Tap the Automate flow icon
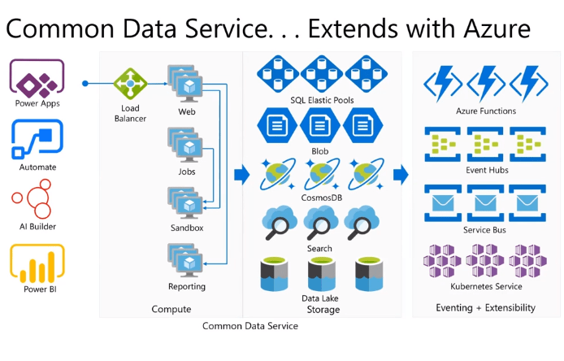pos(37,140)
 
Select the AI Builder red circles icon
pos(37,199)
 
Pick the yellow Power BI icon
pos(37,262)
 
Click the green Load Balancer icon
pos(128,83)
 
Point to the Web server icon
pos(186,83)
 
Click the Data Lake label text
pos(319,298)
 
